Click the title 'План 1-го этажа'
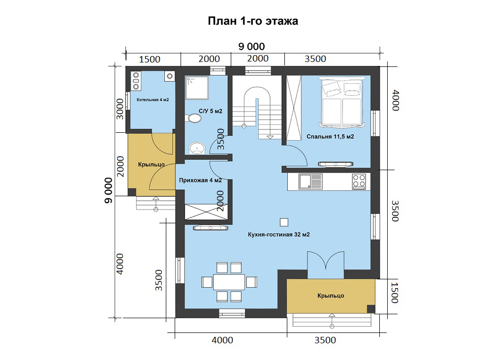pos(253,21)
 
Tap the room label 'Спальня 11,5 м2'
pos(330,137)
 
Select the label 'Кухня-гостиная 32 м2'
pos(278,235)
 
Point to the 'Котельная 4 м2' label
pos(153,100)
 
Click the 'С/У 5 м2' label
pos(210,111)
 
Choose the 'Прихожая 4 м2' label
pos(200,180)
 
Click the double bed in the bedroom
pos(342,102)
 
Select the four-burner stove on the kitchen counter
pos(359,181)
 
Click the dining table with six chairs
pos(229,282)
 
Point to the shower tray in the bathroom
pos(196,87)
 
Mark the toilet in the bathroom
pos(195,119)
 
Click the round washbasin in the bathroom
pos(197,148)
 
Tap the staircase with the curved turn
pos(257,108)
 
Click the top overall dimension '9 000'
pos(251,46)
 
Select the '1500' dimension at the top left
pos(150,60)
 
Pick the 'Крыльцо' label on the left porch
pos(151,165)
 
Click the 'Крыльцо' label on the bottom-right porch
pos(331,296)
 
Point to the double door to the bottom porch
pos(326,262)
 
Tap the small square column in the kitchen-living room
pos(284,222)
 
